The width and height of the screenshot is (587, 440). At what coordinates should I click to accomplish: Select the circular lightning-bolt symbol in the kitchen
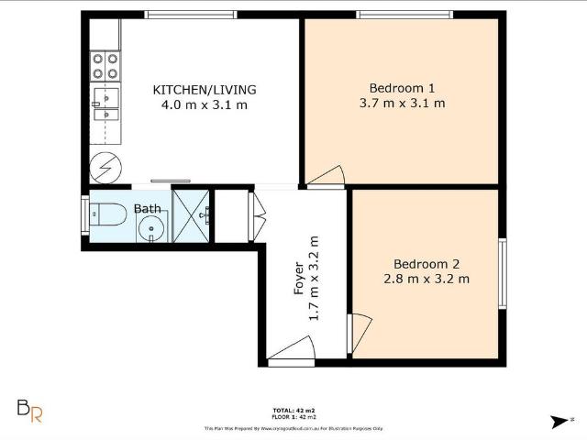(102, 169)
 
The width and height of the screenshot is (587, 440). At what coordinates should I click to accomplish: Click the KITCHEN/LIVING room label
(204, 90)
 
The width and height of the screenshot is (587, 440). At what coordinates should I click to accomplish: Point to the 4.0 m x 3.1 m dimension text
(204, 104)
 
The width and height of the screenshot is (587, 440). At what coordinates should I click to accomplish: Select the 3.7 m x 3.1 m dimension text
(402, 103)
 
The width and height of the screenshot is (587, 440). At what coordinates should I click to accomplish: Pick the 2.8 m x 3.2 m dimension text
(426, 278)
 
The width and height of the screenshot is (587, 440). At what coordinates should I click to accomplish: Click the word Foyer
(298, 279)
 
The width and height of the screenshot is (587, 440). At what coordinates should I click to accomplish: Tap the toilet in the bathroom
(107, 214)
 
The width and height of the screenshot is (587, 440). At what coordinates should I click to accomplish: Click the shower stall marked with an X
(191, 216)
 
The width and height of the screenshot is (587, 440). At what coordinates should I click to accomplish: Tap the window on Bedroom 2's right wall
(502, 273)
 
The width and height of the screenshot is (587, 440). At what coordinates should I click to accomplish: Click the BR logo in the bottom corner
(30, 411)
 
